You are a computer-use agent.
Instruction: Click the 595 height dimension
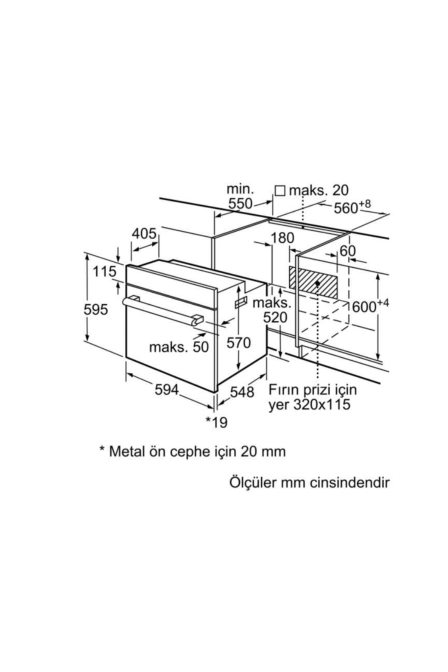click(x=96, y=309)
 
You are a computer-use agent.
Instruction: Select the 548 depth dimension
click(x=242, y=392)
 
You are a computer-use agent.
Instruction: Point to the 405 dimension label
click(x=144, y=234)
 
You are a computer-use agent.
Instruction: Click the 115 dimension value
click(x=105, y=271)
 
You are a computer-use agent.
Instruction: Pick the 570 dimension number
click(x=239, y=342)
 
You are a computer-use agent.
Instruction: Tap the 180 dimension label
click(x=282, y=238)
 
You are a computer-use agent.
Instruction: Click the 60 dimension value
click(x=348, y=251)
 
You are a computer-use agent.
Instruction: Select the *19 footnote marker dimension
click(x=217, y=422)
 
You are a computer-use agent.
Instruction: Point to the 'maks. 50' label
click(x=179, y=347)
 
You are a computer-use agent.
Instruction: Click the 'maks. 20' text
click(x=319, y=190)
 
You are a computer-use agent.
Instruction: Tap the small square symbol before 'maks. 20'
click(x=280, y=191)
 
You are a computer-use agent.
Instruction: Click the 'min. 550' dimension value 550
click(x=240, y=204)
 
